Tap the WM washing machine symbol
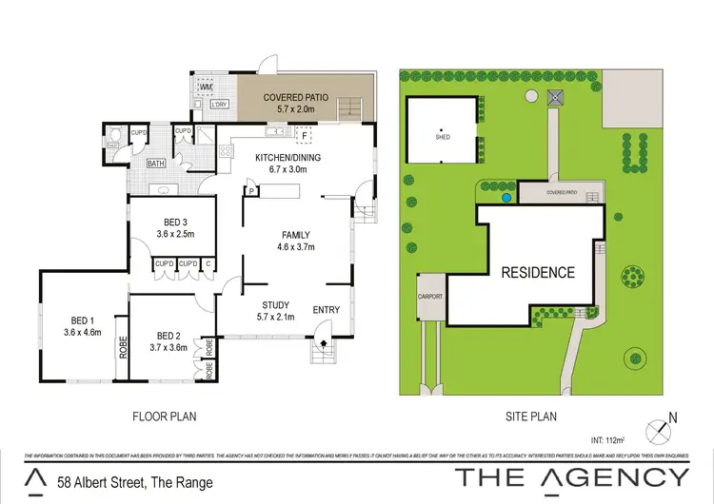(205, 87)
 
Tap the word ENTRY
(326, 309)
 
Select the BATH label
(156, 164)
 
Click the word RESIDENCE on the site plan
(539, 272)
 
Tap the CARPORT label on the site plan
(430, 297)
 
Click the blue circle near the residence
(506, 199)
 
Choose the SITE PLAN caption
(532, 416)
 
